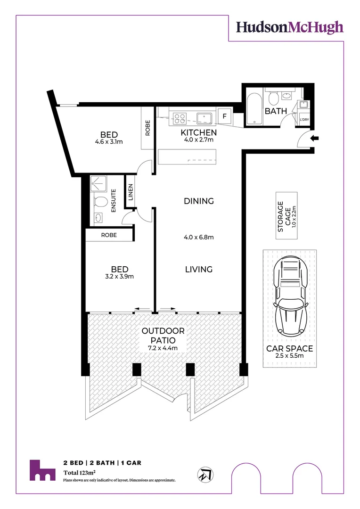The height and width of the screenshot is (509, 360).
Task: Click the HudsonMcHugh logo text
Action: (x=289, y=27)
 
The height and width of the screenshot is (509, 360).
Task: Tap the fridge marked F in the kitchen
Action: (x=224, y=115)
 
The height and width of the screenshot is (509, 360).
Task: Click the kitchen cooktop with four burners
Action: (x=180, y=116)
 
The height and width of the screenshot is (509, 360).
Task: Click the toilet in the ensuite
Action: (x=100, y=202)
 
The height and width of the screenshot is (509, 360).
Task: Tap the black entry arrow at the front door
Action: (x=315, y=138)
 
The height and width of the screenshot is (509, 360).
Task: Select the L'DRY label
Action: (x=304, y=120)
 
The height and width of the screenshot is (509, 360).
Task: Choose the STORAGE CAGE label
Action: (x=281, y=217)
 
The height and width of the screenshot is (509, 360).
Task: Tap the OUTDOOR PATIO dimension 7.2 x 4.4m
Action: (x=164, y=348)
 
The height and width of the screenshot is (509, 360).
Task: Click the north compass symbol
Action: (x=205, y=475)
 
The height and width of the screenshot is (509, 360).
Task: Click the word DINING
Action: (x=198, y=201)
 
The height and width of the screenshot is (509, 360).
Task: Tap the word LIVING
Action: (x=198, y=270)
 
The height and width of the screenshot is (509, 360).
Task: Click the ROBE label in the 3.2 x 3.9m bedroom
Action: (x=109, y=235)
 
